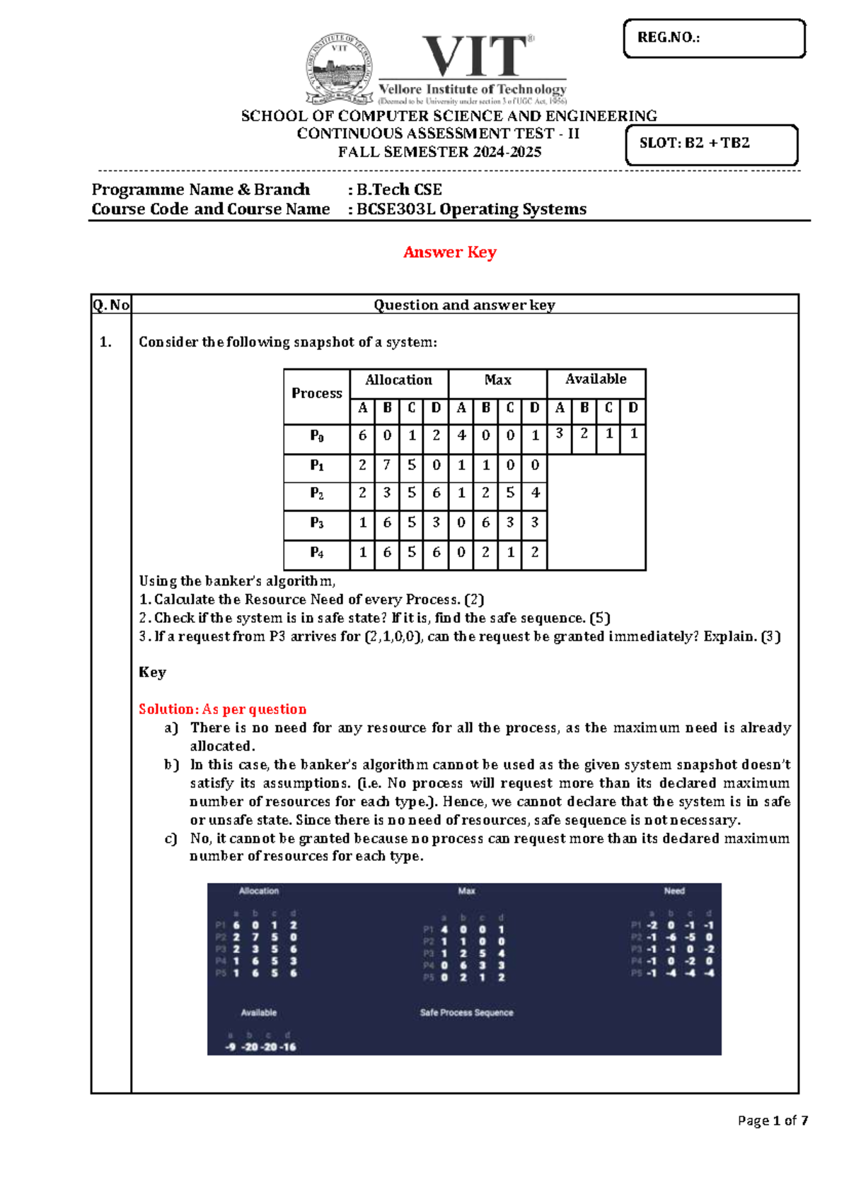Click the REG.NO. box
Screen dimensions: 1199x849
(x=714, y=38)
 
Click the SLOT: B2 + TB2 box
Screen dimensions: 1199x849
(x=711, y=145)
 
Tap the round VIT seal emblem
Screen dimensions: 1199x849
(x=340, y=69)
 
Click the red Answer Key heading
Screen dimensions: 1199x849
(x=449, y=252)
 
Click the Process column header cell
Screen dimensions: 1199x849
(x=316, y=394)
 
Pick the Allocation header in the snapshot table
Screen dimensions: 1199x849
(x=398, y=380)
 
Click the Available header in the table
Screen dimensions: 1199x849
(x=596, y=380)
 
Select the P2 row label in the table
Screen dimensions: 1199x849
(x=316, y=493)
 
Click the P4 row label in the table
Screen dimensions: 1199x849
(x=316, y=553)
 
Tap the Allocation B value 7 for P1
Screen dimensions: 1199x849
(x=386, y=464)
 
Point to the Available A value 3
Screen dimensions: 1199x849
(x=559, y=433)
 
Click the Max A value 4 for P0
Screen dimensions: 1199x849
(x=461, y=435)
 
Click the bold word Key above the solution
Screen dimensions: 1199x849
(x=152, y=672)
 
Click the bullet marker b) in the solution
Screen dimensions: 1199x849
(x=171, y=765)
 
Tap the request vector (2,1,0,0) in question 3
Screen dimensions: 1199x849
(x=393, y=636)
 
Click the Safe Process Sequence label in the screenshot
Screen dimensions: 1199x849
(x=466, y=1013)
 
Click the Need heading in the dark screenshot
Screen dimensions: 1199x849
(x=674, y=891)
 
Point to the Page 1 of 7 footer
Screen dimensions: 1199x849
(x=772, y=1121)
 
